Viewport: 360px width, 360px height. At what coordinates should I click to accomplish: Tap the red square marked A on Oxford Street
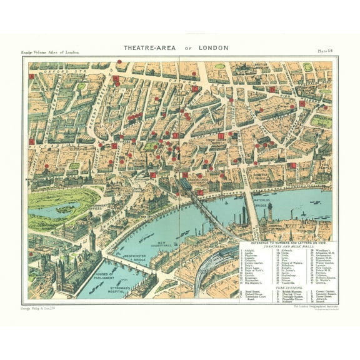click(32, 77)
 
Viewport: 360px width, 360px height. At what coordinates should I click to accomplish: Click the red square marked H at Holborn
click(301, 104)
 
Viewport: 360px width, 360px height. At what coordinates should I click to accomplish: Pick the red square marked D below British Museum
click(272, 89)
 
